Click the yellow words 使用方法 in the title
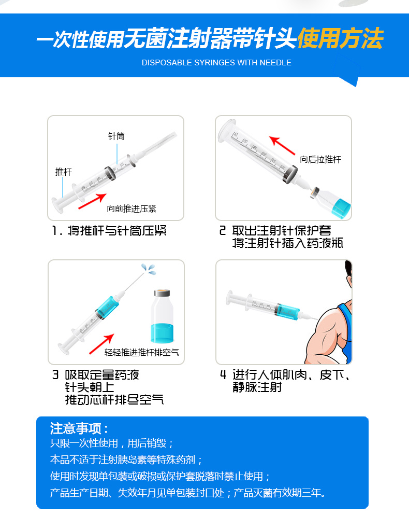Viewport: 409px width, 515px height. tap(341, 38)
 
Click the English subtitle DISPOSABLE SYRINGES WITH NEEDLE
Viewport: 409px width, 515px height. tap(216, 63)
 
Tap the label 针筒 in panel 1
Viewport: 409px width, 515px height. tap(116, 136)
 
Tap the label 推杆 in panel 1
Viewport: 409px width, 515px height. tap(63, 172)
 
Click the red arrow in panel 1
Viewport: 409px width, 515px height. tap(92, 201)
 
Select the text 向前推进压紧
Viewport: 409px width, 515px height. tap(132, 208)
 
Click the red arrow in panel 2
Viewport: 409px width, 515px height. tap(282, 145)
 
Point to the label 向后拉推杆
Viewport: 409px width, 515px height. tap(320, 160)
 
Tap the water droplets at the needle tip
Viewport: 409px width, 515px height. tap(149, 269)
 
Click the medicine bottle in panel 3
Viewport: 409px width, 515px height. tap(162, 316)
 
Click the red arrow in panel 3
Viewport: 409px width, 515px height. tap(101, 344)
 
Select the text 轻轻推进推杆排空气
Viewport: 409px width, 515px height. tap(142, 353)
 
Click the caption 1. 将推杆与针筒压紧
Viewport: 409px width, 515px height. tap(109, 231)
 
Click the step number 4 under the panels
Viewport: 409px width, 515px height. tap(223, 375)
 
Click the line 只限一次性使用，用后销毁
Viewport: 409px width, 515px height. tap(111, 443)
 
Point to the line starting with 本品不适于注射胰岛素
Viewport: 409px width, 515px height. tap(126, 460)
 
